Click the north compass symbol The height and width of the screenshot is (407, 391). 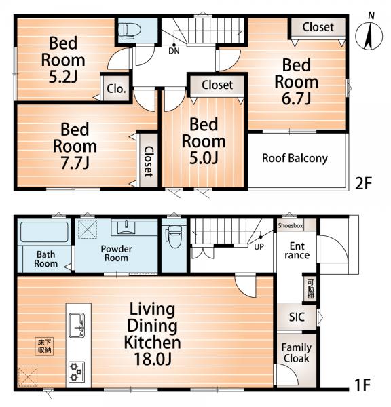[369, 37]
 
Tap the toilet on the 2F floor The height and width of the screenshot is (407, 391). [130, 31]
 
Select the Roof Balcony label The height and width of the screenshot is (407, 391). [295, 158]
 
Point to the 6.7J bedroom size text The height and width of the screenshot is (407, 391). [296, 98]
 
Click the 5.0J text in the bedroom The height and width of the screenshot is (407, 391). [204, 158]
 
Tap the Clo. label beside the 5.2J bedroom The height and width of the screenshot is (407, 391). [116, 89]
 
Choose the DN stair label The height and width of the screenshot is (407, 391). [174, 51]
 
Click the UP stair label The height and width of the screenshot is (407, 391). [259, 247]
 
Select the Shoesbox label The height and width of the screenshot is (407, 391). [291, 226]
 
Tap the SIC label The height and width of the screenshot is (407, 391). [297, 317]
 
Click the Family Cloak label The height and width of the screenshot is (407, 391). [297, 353]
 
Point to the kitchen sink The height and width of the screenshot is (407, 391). [77, 325]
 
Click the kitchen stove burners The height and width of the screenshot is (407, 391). [77, 372]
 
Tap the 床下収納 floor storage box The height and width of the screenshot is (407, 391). [44, 346]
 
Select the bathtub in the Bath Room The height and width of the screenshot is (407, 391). [44, 232]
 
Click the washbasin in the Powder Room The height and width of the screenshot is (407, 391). [126, 227]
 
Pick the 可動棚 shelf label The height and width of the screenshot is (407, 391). [310, 289]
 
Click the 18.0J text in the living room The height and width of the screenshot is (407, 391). [153, 359]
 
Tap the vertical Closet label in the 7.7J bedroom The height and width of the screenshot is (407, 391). [149, 161]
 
